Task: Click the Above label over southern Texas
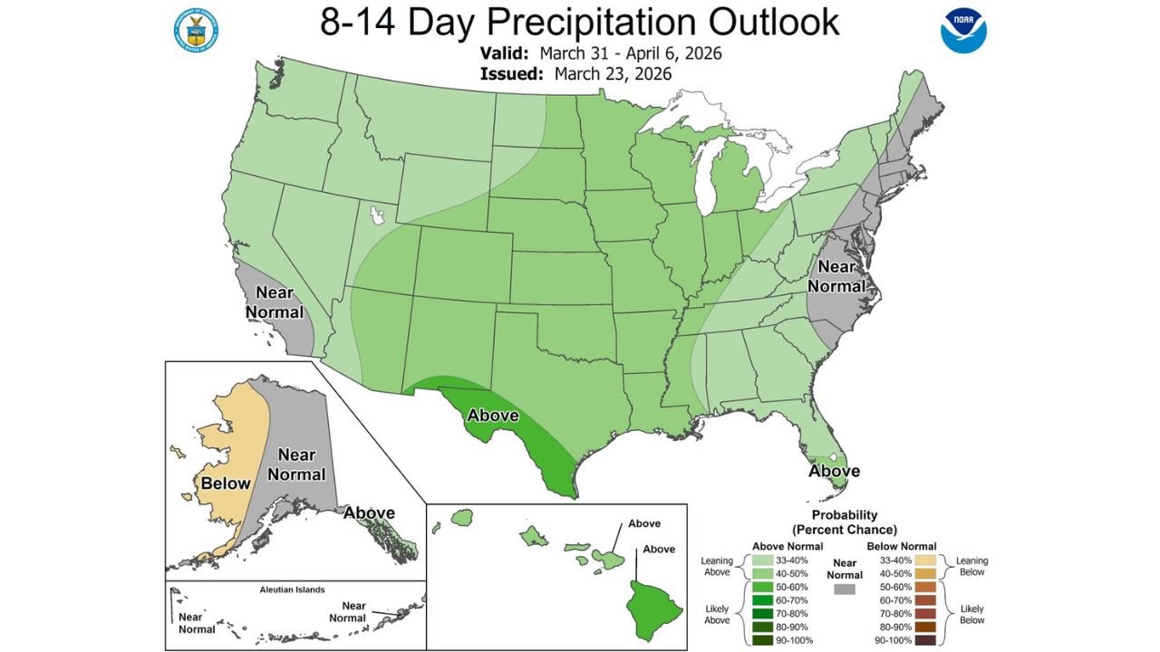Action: pos(492,416)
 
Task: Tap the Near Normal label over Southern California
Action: pos(279,302)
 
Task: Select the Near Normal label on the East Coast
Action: pos(836,276)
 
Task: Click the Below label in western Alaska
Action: pos(226,483)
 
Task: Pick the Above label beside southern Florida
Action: pos(834,471)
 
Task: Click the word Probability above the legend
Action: pos(844,515)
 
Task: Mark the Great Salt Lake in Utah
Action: pos(377,216)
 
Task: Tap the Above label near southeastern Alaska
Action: pos(369,513)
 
